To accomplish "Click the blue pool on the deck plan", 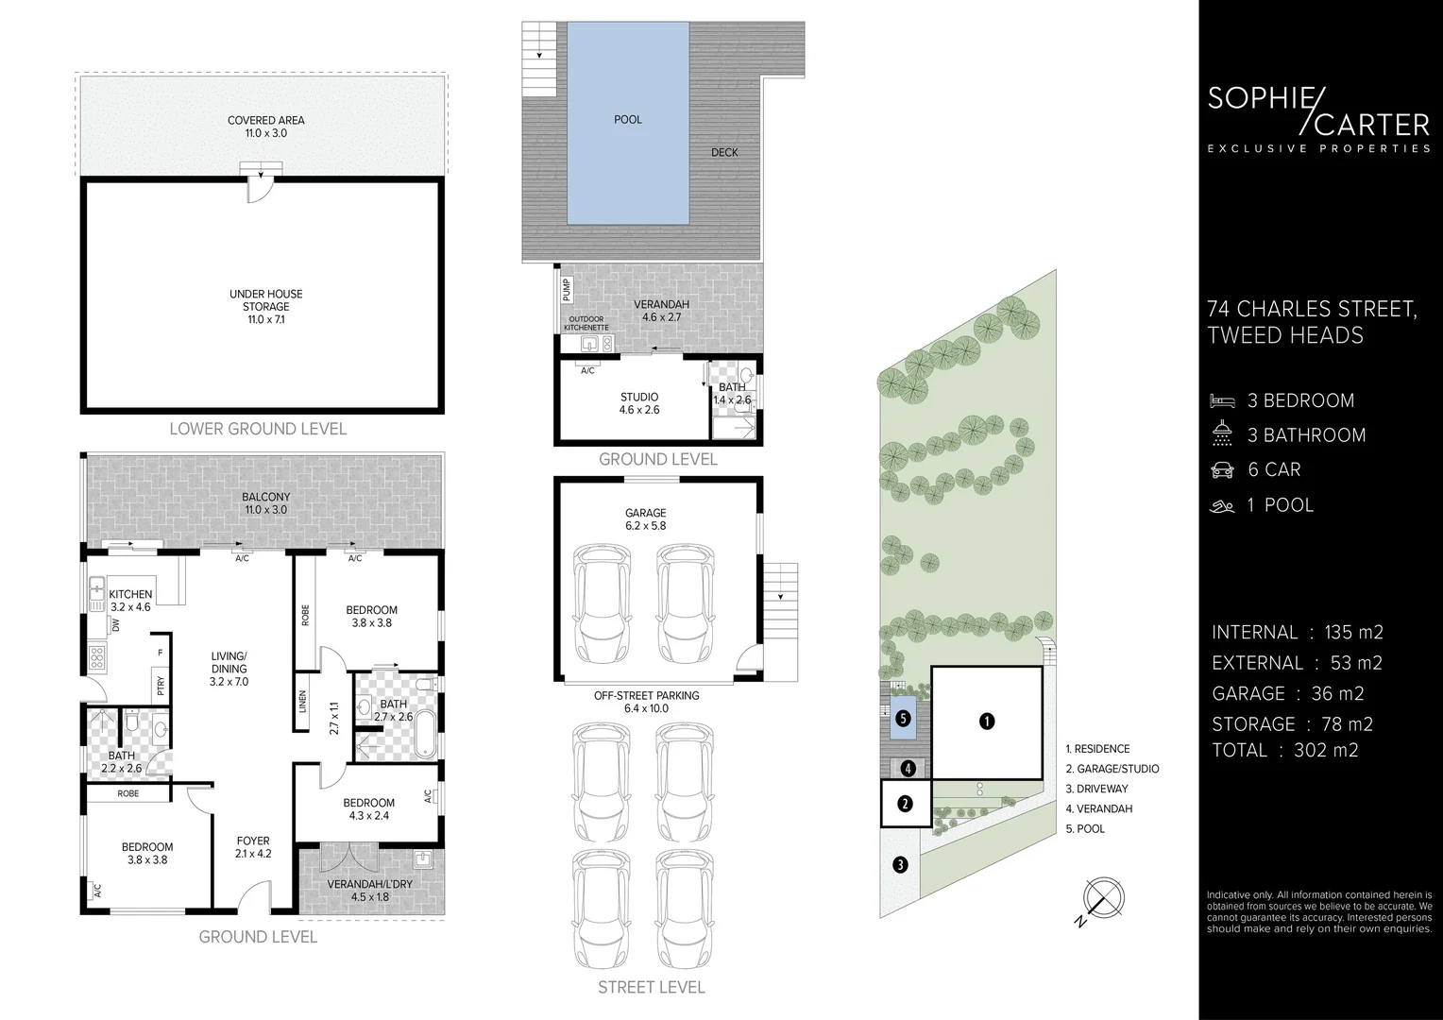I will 627,123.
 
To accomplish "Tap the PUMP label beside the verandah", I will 567,288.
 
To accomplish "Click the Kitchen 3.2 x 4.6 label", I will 130,601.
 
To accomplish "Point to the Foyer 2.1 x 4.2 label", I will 253,847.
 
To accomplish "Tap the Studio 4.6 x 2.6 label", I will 639,403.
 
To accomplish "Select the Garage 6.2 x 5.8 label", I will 645,519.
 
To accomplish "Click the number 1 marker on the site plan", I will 987,722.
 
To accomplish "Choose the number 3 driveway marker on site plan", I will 900,863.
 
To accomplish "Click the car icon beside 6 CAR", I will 1222,470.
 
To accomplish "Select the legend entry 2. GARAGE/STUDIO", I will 1112,769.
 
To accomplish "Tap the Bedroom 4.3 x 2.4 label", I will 368,809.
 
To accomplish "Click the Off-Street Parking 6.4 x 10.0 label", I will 646,702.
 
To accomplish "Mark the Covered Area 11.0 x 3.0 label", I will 265,127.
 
